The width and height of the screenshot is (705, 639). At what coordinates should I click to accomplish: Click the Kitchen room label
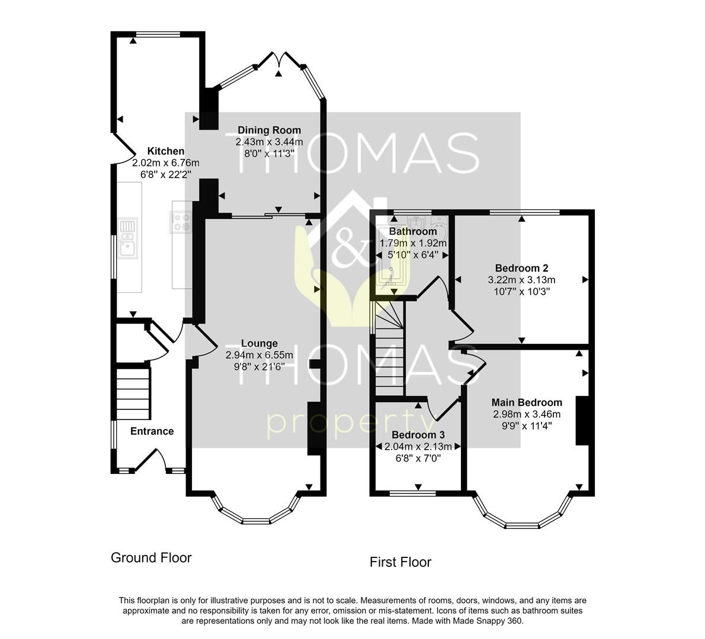point(165,151)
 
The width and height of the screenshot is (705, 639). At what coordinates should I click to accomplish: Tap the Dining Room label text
point(269,130)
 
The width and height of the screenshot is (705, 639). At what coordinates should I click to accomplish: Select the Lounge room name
point(259,343)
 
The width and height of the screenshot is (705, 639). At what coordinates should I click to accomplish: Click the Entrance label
point(152,431)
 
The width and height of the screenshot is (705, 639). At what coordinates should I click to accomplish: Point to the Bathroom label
point(413,231)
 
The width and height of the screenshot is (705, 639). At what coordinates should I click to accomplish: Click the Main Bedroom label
point(527,402)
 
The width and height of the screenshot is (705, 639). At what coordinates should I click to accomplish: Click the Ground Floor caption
point(151,557)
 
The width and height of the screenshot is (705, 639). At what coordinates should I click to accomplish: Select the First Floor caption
point(400,562)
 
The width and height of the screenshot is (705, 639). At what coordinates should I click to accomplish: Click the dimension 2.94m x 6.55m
point(259,355)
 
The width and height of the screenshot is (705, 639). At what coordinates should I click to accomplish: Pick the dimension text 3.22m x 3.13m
point(521,280)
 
